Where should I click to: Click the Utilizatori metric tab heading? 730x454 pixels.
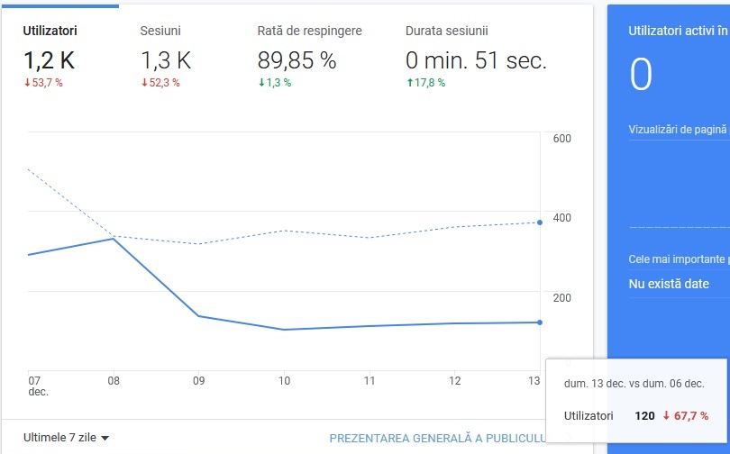coord(50,31)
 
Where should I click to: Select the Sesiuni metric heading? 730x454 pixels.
coord(160,31)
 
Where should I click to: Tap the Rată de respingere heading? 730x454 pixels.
coord(310,32)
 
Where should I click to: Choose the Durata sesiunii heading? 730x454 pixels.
coord(446,31)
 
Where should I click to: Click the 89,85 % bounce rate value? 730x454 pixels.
coord(297,60)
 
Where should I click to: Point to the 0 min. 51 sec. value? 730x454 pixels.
coord(476,60)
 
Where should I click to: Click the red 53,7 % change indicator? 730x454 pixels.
coord(43,83)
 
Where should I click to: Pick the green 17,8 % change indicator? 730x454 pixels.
coord(426,83)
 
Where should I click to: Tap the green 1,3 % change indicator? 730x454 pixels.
coord(275,83)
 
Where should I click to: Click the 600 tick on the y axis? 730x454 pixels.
coord(562,138)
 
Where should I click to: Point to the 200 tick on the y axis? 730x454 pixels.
coord(562,297)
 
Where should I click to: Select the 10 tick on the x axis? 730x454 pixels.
coord(284,381)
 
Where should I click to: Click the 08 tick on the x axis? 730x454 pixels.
coord(114,381)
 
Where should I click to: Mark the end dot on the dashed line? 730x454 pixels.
coord(540,222)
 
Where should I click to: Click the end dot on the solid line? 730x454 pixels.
coord(540,322)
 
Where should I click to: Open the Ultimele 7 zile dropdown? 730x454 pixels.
coord(66,438)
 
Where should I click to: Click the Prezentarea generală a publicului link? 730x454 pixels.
coord(438,438)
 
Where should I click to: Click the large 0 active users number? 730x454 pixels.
coord(641,75)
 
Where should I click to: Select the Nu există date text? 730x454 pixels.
coord(669,284)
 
